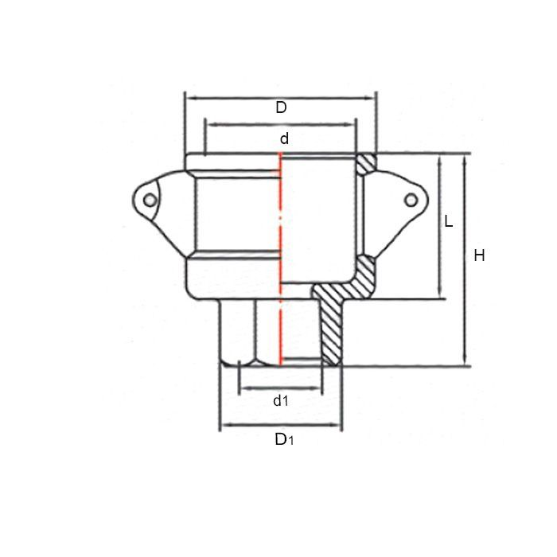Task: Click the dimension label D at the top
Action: coord(281,107)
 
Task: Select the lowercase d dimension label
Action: coord(283,138)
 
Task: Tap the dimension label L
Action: coord(449,221)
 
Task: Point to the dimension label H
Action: coord(478,255)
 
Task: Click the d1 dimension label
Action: coord(280,401)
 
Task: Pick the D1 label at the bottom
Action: coord(283,439)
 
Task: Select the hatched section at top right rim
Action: coord(365,162)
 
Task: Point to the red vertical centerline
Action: coord(280,239)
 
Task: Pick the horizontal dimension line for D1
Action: coord(281,426)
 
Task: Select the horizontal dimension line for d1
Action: coord(280,388)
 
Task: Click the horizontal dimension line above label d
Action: coord(280,123)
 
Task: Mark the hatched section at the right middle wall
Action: coord(365,275)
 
